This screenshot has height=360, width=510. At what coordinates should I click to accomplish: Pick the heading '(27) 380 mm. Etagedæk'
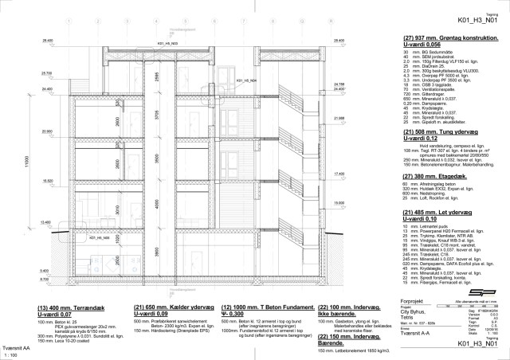coord(436,177)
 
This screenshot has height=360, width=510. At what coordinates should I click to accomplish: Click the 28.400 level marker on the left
coord(48,40)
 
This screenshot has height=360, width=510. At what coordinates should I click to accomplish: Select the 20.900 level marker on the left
coord(48,131)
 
